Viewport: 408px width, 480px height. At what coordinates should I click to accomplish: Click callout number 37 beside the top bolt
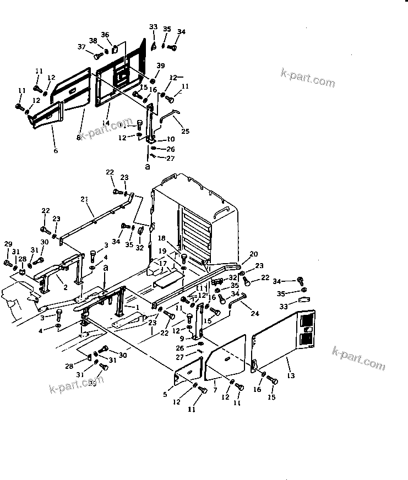[81, 47]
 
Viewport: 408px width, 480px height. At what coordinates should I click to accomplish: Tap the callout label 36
[105, 35]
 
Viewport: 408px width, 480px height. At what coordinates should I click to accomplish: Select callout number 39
[160, 66]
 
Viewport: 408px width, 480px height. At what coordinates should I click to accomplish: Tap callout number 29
[8, 244]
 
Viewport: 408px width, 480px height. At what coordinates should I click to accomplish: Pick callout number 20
[253, 254]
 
